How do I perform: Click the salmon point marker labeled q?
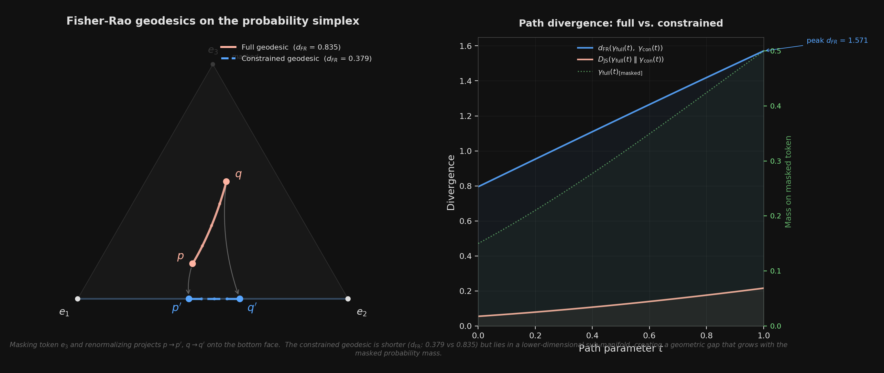226,181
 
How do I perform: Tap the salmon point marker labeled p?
192,264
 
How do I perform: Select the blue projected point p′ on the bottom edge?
189,299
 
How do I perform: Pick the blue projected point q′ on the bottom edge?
240,299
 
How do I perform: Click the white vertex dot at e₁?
78,299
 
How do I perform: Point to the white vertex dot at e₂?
348,299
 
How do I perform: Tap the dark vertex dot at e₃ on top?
213,64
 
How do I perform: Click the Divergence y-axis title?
451,182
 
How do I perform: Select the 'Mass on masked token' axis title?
788,181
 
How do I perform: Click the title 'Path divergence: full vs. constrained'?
621,23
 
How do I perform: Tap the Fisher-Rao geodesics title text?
213,21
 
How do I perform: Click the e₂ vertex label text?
362,312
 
